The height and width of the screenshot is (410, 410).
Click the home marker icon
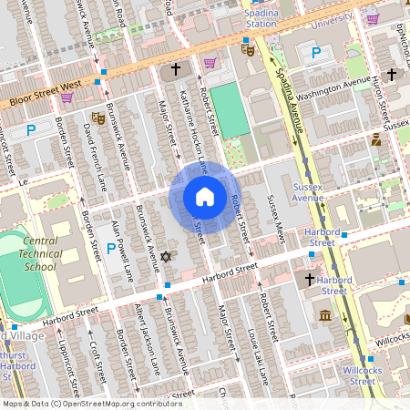click(205, 197)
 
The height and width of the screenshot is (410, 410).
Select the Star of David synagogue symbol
click(165, 258)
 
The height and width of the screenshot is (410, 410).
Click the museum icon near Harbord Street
click(325, 315)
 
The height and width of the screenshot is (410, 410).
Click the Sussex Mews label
click(276, 220)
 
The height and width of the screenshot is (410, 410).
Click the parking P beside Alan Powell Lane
click(111, 248)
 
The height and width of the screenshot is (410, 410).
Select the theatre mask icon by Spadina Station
click(247, 51)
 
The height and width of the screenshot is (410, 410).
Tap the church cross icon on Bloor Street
click(176, 69)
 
